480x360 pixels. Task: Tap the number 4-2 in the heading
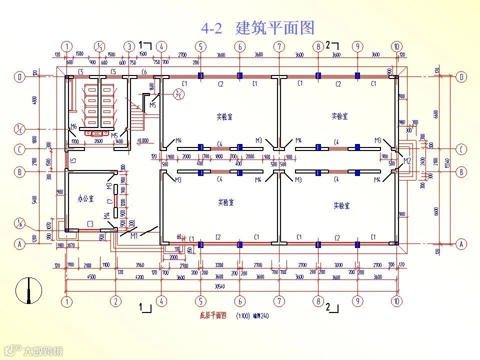pos(211,28)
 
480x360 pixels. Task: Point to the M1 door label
pos(134,236)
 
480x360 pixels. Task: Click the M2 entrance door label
pos(407,160)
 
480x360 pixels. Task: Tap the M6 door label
pos(73,126)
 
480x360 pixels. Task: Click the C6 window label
pos(144,72)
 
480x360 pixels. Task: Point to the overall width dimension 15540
pos(449,160)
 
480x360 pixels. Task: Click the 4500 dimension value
pos(91,276)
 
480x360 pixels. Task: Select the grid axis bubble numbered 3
pos(129,46)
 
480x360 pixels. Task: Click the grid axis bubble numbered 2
pos(115,301)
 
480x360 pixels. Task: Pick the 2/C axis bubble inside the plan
pos(178,93)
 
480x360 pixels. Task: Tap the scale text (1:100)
pos(244,315)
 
